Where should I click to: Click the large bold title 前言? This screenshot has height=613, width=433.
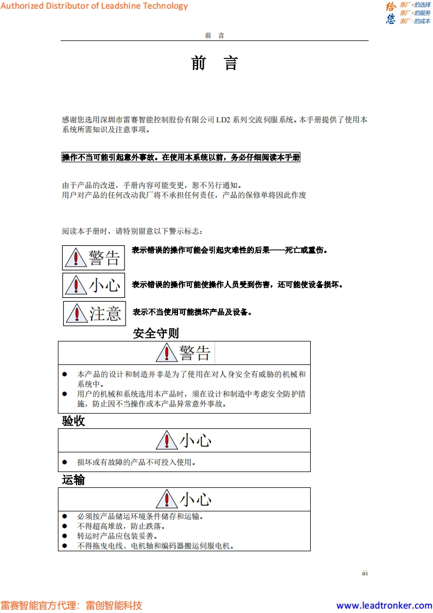215,63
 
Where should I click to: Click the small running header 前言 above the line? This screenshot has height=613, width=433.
215,36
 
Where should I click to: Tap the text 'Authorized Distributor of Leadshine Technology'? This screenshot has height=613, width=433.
94,6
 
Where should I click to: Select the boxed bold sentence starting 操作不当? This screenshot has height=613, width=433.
181,157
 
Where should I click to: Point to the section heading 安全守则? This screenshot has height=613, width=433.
156,333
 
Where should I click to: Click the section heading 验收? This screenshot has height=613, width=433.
74,421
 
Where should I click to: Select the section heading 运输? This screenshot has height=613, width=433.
74,480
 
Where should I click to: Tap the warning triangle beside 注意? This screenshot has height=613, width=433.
77,314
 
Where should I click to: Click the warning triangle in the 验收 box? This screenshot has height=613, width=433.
167,440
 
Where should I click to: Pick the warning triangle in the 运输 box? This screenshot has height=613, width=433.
167,499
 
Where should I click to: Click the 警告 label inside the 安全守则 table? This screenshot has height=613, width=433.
194,353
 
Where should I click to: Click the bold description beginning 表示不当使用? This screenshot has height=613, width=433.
192,313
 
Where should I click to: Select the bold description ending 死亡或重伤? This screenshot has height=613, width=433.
230,250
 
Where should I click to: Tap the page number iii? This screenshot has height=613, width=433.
365,573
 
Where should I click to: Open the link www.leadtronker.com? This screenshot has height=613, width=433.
384,605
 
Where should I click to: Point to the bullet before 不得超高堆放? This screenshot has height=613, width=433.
64,527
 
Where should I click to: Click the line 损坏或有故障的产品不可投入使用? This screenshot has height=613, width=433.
137,462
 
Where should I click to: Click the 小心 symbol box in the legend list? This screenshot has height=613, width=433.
93,285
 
